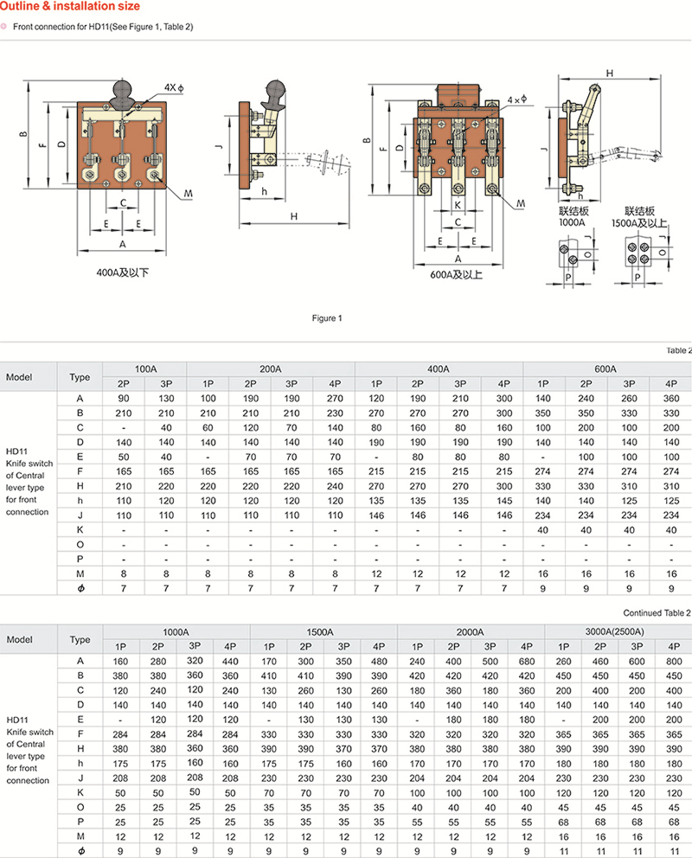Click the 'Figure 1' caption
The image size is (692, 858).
point(327,318)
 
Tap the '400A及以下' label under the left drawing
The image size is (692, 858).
point(122,272)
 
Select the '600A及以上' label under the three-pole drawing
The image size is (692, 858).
point(458,274)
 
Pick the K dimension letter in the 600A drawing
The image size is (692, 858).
point(457,206)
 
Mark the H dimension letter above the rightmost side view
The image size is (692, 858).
point(610,74)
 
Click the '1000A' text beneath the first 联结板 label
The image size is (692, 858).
point(572,222)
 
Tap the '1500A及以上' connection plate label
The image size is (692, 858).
point(640,222)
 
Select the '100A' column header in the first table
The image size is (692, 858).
point(144,368)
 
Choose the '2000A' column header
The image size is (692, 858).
point(471,632)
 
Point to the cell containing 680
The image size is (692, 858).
point(527,662)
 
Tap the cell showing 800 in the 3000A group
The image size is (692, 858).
point(674,662)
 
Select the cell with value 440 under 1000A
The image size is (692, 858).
point(230,662)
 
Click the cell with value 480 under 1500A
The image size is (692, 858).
point(379,662)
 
